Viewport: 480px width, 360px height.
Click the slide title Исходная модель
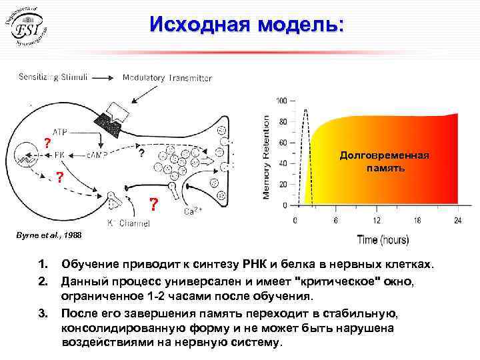click(x=247, y=24)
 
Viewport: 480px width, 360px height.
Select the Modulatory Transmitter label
click(x=167, y=77)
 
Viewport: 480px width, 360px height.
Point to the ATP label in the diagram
click(x=61, y=133)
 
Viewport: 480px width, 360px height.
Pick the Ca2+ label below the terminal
click(x=193, y=213)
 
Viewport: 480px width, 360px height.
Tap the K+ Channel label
click(x=129, y=223)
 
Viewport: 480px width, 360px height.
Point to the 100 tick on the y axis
click(x=281, y=101)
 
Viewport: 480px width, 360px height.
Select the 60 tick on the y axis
click(x=283, y=143)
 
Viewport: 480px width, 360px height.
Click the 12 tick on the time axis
click(x=377, y=220)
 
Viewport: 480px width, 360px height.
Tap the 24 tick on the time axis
click(x=458, y=220)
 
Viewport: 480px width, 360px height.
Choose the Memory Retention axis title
click(x=267, y=155)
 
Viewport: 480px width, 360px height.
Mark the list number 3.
click(x=43, y=313)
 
